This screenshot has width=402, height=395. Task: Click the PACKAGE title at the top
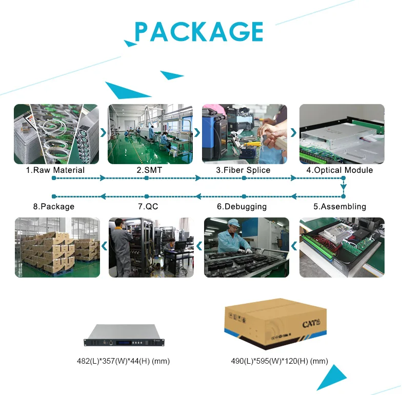click(x=199, y=31)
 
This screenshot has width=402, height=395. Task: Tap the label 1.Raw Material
click(x=55, y=170)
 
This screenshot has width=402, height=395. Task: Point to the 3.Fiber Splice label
click(x=243, y=170)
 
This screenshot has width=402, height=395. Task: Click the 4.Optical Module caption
click(x=339, y=170)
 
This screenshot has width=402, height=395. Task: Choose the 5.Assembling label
click(x=339, y=207)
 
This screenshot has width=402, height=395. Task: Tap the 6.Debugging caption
click(x=242, y=207)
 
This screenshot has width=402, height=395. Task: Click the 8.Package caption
click(x=53, y=207)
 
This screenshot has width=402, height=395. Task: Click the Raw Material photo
click(x=55, y=134)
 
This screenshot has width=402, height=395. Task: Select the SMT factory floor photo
click(x=150, y=134)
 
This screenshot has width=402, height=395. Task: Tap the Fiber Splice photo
click(x=245, y=134)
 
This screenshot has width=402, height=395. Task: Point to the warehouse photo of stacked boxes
click(x=57, y=247)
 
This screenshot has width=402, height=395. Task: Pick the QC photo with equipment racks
click(x=151, y=247)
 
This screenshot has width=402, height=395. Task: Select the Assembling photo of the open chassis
click(x=341, y=247)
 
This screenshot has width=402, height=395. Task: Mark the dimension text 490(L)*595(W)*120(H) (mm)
click(x=279, y=361)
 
